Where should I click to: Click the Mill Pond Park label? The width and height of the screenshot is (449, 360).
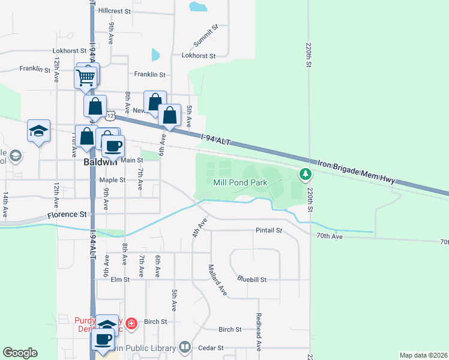point(240,181)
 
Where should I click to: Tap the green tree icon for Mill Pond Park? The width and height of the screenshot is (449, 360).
point(306,175)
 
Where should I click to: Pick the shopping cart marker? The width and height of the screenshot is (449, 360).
point(85,77)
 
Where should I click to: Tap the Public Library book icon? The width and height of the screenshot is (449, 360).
point(185,347)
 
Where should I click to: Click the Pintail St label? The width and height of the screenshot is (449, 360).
point(268,230)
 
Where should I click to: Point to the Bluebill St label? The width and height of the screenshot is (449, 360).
point(252,279)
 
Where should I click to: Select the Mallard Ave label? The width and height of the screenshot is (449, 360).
point(217,280)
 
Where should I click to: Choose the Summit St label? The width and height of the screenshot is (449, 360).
point(205,37)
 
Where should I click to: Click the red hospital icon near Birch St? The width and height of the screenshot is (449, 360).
point(132,325)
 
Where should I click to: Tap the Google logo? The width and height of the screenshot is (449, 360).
point(20,353)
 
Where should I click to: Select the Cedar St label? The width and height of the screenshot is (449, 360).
point(211,347)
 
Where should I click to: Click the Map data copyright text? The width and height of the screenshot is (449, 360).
point(424,355)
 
